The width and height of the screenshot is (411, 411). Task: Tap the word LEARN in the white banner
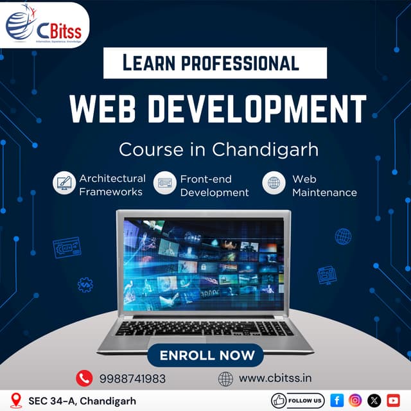(x=151, y=63)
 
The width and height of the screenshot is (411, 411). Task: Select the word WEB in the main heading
(x=105, y=109)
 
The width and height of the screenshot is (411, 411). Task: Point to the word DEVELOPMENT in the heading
(x=256, y=109)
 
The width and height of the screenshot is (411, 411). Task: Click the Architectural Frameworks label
(x=112, y=185)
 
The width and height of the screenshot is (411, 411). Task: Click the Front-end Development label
(x=214, y=186)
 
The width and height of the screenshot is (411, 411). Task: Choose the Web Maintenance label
(x=324, y=186)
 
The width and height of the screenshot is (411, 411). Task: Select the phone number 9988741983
(x=132, y=379)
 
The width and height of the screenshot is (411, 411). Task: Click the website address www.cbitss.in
(x=275, y=378)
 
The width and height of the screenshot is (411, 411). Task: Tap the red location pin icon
(x=17, y=400)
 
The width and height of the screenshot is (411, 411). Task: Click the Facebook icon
(x=337, y=400)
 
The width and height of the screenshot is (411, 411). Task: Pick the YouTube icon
(x=393, y=400)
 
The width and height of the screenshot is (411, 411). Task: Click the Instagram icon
(x=355, y=400)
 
